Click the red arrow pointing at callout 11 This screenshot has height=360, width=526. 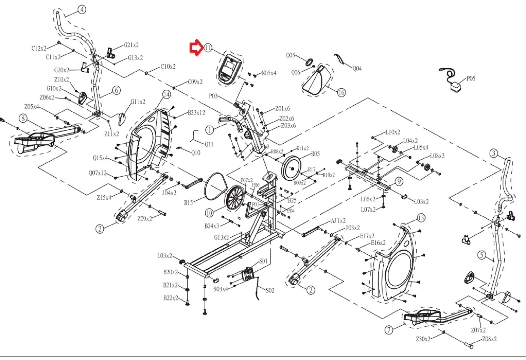[196, 48]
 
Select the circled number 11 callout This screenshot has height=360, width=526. [208, 48]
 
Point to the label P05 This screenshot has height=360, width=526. [471, 79]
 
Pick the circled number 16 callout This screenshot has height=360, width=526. [341, 93]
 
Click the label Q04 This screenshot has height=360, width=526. [357, 69]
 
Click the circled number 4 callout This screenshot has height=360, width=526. [82, 9]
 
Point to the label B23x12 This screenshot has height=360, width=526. [196, 113]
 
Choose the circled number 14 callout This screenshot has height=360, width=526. [166, 95]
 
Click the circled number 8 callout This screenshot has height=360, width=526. [23, 118]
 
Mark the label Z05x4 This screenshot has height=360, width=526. [31, 107]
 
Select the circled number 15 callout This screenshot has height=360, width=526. [421, 218]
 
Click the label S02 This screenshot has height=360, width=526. [270, 290]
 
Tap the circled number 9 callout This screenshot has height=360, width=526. [399, 181]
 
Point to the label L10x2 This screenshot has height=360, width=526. [392, 133]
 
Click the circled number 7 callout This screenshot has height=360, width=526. [388, 330]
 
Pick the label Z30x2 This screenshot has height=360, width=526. [423, 339]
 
